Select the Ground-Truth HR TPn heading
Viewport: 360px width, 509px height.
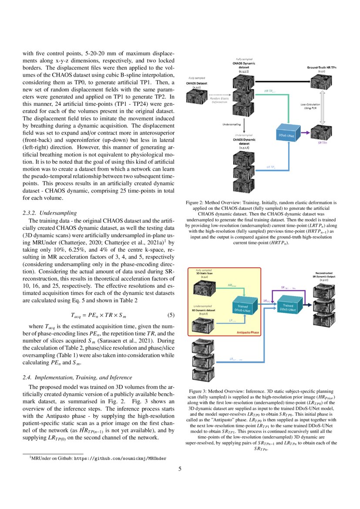coord(321,69)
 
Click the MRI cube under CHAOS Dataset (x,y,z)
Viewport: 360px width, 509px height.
coord(197,95)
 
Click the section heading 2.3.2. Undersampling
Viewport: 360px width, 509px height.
coord(49,213)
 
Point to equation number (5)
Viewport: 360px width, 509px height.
coord(171,314)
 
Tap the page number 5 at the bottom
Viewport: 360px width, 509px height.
coord(180,469)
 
